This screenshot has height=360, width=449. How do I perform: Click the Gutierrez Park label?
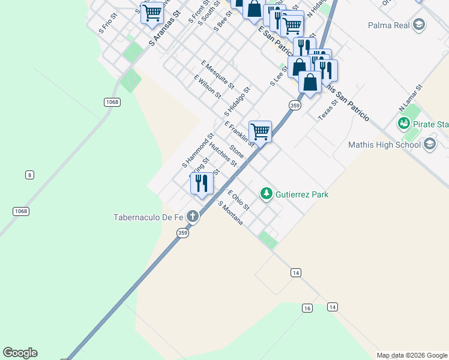301,194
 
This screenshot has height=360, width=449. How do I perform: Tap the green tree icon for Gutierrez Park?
265,194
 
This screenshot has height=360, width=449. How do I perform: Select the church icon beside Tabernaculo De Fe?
193,216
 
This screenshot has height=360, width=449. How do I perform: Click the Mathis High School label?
385,145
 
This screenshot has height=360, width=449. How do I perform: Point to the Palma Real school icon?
419,25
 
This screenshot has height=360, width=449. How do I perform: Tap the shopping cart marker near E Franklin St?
260,131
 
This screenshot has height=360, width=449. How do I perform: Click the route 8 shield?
29,175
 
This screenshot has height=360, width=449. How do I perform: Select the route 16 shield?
307,308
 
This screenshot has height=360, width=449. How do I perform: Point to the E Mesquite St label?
218,74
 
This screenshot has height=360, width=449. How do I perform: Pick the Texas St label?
328,110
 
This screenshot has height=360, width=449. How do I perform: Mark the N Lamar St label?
411,98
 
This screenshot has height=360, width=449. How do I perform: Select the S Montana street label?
231,213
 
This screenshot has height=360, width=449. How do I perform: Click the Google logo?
20,353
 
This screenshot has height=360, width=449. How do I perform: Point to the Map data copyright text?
411,355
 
